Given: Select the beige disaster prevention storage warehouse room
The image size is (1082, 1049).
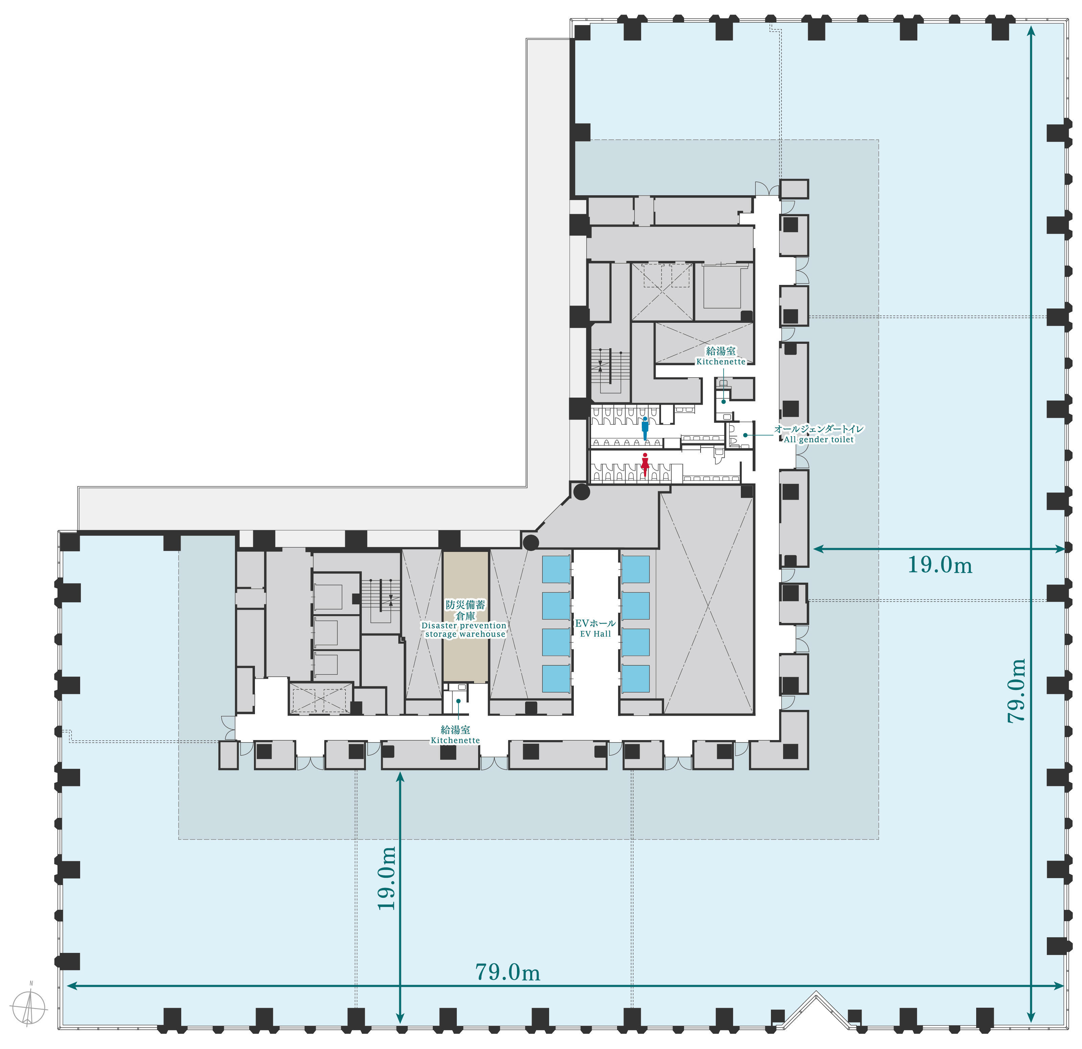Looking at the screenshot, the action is coord(465,617).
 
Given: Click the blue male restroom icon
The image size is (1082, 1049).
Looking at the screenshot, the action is coord(645,428).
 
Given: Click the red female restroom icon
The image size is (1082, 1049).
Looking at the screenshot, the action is coord(645,465).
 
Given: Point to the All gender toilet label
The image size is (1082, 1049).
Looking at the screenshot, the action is coord(819,434).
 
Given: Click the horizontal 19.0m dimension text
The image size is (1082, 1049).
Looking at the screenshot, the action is coord(940,565).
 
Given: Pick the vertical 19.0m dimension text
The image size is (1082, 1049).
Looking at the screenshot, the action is coord(386,878).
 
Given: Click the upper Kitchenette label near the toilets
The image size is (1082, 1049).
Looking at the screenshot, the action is coord(721,356).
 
